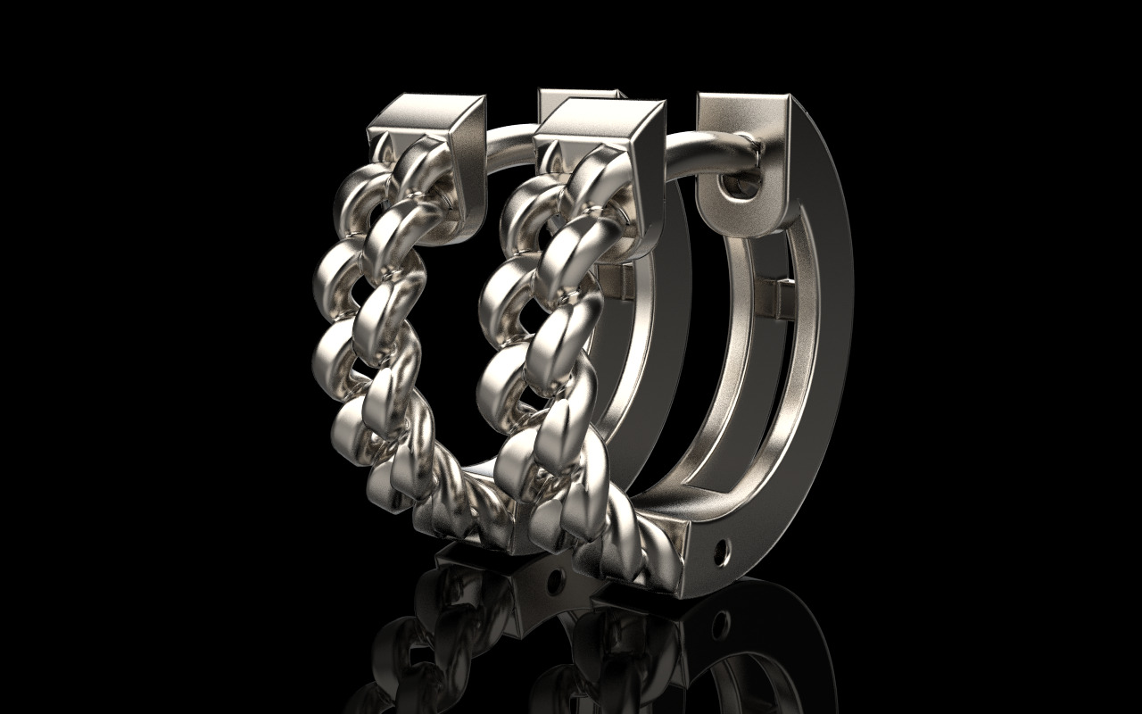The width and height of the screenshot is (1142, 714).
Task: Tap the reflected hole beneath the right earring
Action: pos(721,617)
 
